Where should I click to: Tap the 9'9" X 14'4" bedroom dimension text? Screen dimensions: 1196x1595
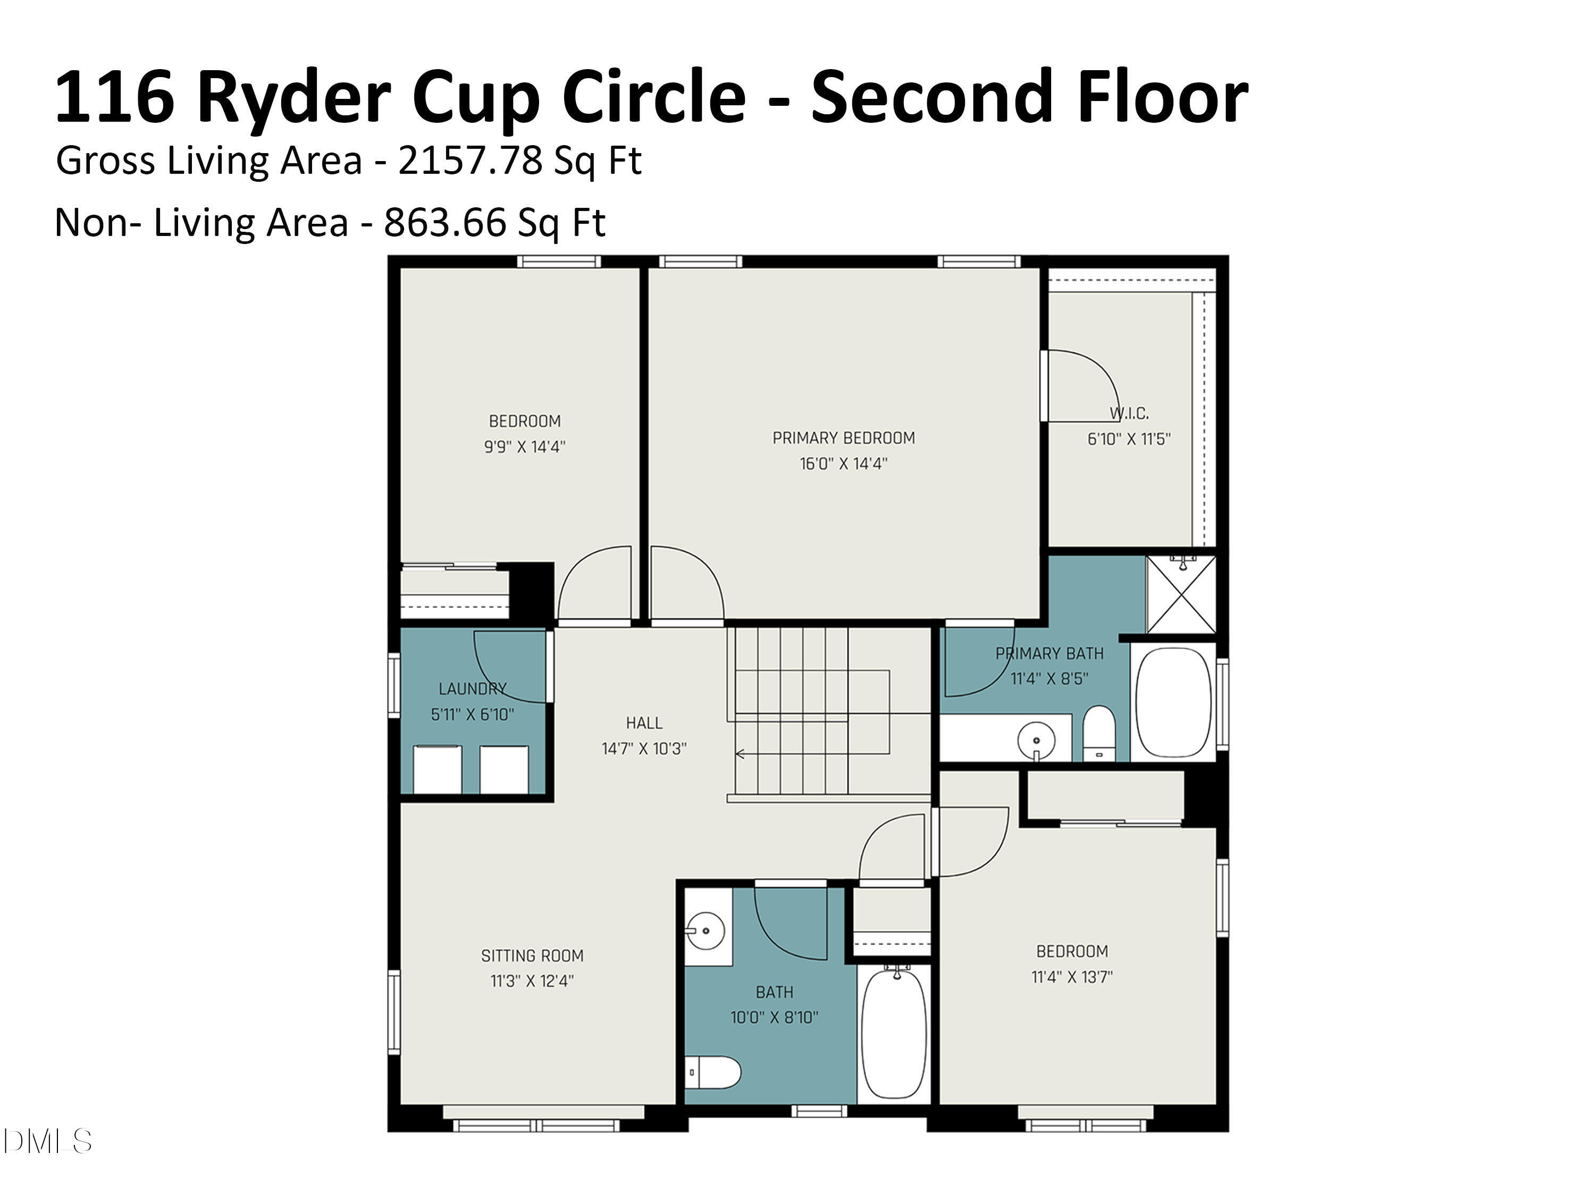click(524, 447)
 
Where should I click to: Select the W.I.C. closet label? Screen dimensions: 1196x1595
click(1129, 414)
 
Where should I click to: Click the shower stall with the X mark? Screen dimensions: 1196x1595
click(1180, 595)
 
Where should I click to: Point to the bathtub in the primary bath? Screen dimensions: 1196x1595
click(1173, 702)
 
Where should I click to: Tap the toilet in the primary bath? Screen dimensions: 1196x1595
click(1099, 732)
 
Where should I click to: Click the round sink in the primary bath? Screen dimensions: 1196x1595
click(1036, 740)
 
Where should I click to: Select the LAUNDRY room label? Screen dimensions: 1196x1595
click(472, 688)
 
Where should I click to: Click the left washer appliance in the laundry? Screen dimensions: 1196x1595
click(437, 770)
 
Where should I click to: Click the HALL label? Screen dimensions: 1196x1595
click(644, 723)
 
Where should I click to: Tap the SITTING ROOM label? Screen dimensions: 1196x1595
click(532, 956)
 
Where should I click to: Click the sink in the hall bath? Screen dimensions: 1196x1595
click(704, 931)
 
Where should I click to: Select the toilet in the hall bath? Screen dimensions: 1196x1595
click(712, 1073)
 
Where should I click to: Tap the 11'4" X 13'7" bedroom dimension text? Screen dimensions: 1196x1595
click(1072, 978)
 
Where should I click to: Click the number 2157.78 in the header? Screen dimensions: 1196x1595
click(469, 160)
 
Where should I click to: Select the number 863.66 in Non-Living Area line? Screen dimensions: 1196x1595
click(445, 223)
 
